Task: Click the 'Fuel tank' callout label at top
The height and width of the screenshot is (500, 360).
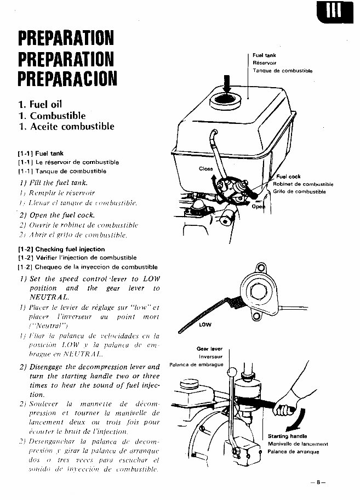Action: [264, 55]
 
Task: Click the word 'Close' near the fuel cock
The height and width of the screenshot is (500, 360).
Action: [206, 169]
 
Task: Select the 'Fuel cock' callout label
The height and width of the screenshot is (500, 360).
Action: [288, 177]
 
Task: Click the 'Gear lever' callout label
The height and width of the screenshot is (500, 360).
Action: [209, 349]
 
